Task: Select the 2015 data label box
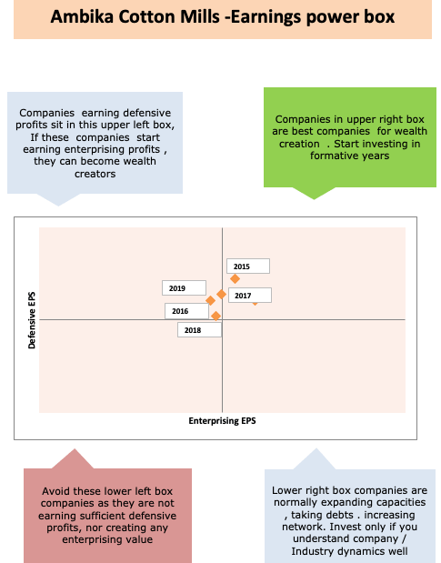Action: point(248,266)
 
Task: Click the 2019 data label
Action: point(184,288)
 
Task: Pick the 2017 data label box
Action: point(250,296)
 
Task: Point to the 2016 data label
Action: point(186,311)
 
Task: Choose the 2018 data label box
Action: point(199,330)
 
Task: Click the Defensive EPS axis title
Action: point(32,320)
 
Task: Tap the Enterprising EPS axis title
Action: point(222,421)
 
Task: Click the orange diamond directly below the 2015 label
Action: point(235,278)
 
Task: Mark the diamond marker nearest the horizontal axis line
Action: point(215,316)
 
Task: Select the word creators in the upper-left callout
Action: point(95,174)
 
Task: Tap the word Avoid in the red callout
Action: point(55,491)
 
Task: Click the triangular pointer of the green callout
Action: point(314,193)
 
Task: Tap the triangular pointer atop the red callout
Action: point(74,459)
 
